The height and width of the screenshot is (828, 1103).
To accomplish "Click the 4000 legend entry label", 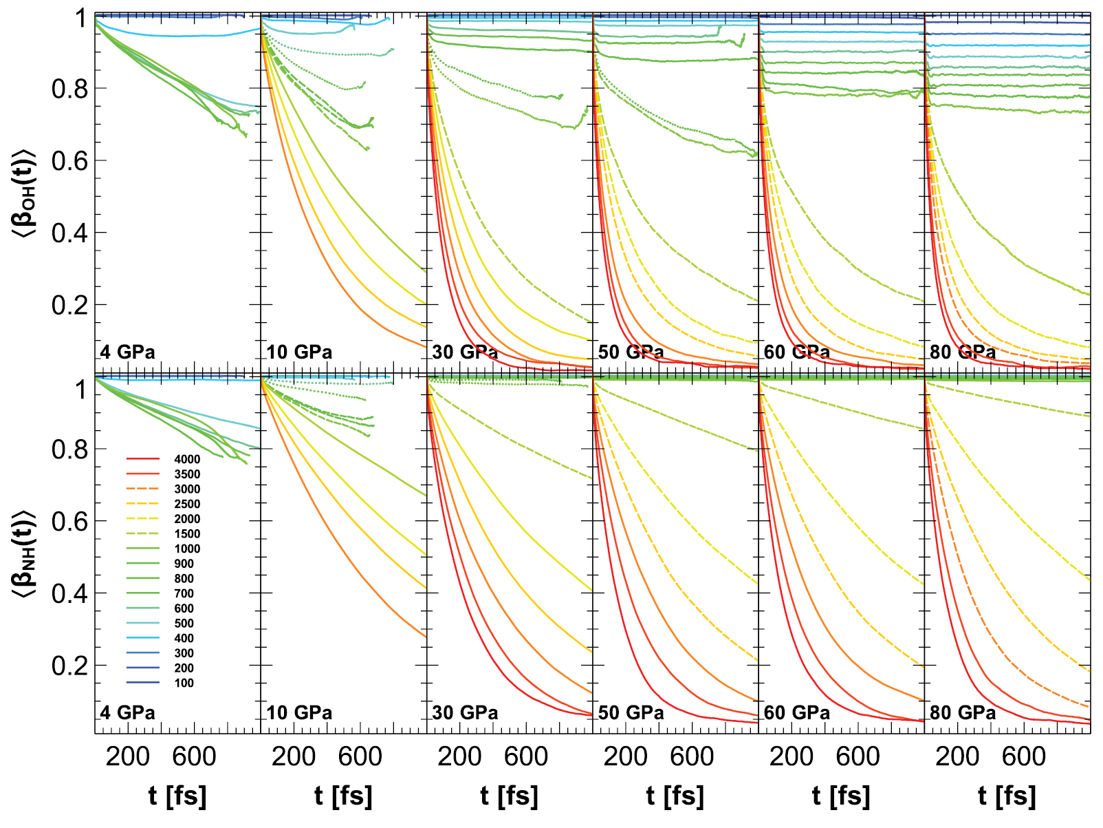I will click(x=187, y=459).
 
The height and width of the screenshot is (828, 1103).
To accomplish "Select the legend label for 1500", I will click(x=187, y=534).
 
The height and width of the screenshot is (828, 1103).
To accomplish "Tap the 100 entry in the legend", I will click(x=184, y=683).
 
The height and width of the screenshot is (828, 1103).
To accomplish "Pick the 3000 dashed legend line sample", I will click(x=143, y=489).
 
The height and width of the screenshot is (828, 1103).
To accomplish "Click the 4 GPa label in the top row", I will click(x=128, y=352).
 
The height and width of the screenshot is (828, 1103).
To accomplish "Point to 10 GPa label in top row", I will click(x=299, y=352).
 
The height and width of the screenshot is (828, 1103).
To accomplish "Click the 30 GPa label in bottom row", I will click(x=465, y=713).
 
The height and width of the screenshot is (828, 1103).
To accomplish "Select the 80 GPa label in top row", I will click(x=963, y=352).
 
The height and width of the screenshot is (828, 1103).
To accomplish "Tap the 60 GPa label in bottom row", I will click(x=797, y=713).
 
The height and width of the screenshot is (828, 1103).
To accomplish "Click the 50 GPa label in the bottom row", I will click(x=631, y=713).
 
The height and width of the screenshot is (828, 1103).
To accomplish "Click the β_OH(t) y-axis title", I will click(x=23, y=193).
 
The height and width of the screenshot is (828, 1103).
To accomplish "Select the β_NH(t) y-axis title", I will click(x=23, y=554).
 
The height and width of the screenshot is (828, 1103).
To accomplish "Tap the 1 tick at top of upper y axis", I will click(x=81, y=18).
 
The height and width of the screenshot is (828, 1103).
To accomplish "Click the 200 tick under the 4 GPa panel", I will click(x=128, y=757).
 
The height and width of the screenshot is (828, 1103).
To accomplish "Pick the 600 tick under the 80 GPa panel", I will click(x=1023, y=757).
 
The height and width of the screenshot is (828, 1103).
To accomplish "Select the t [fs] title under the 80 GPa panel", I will click(x=1007, y=796).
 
